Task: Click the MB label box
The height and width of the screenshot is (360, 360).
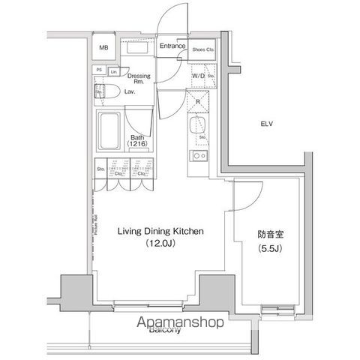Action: [x=104, y=49]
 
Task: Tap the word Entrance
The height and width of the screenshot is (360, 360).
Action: [x=172, y=46]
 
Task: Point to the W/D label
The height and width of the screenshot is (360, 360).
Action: [x=198, y=76]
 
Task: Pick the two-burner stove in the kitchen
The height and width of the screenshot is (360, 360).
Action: [x=199, y=156]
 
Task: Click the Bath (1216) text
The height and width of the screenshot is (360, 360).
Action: [x=137, y=142]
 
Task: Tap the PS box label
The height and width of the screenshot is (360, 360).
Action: [x=98, y=70]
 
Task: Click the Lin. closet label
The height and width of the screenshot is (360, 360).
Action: [x=113, y=71]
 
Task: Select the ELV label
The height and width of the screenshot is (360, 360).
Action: [x=267, y=124]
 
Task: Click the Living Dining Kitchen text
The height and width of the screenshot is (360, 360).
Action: [x=160, y=232]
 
